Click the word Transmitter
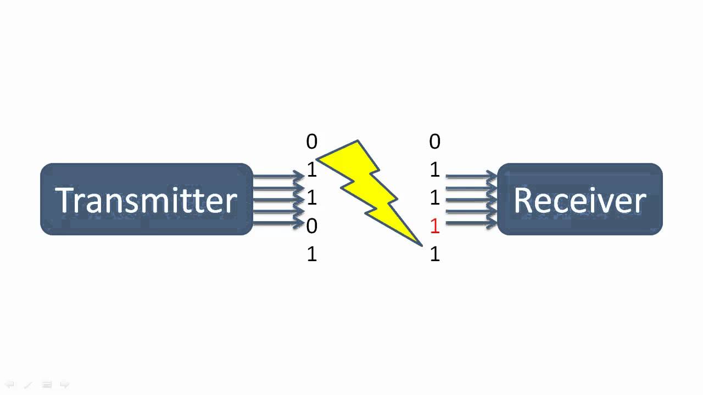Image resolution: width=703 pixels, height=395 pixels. point(146,200)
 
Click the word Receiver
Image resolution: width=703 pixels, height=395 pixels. point(579,200)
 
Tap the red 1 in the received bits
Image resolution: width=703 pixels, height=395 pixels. point(434,226)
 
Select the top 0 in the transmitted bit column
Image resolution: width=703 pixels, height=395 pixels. point(311,142)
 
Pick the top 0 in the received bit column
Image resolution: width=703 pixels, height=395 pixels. point(434,142)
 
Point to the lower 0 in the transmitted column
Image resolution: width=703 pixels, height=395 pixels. point(311,226)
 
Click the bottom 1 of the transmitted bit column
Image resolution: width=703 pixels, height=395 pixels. point(311,255)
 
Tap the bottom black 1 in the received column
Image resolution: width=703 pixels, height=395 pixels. point(434,255)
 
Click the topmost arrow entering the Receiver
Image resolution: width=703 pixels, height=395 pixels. point(471,176)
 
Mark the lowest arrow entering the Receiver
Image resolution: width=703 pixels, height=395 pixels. point(471,223)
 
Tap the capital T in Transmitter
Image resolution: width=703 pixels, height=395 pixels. point(64,200)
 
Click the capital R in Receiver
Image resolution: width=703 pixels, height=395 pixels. point(524,200)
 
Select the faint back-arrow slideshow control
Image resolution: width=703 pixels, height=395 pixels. point(10,385)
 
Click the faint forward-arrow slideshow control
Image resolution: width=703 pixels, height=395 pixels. point(64,385)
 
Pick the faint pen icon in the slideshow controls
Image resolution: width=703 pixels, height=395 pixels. point(28,385)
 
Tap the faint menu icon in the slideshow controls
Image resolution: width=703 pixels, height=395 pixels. point(47,385)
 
